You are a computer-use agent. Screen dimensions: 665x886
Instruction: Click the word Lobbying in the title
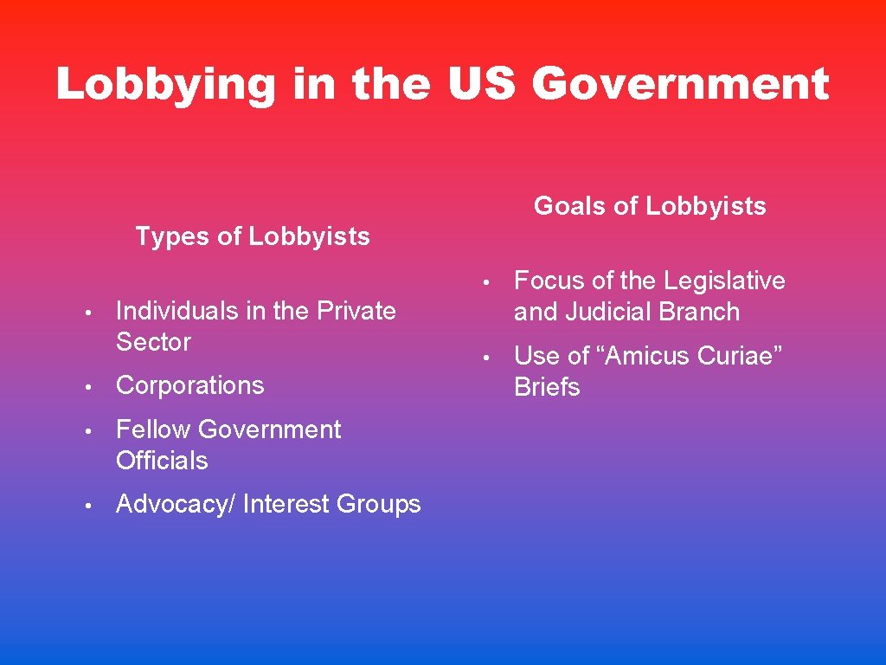point(165,85)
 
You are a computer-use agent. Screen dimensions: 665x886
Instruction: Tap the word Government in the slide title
point(681,85)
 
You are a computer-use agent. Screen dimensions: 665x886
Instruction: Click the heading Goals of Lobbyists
point(650,206)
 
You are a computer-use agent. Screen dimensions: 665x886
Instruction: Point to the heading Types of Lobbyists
point(253,236)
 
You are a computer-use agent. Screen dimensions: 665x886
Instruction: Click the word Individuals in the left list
point(177,311)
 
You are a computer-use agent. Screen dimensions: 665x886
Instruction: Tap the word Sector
point(153,342)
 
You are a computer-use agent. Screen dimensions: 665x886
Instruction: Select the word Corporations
point(189,385)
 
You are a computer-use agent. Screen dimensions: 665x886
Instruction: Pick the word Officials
point(162,461)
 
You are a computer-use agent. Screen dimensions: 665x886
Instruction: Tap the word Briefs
point(547,387)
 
